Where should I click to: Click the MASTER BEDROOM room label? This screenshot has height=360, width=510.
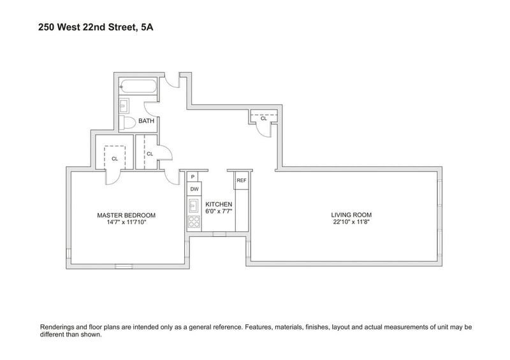click(126, 215)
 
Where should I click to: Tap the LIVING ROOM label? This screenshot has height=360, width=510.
click(351, 215)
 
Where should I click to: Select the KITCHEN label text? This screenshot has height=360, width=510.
click(219, 205)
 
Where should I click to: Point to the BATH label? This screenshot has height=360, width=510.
click(147, 121)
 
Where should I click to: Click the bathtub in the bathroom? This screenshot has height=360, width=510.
click(138, 87)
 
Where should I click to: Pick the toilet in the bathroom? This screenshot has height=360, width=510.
click(127, 122)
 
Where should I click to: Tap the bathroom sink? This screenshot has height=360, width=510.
click(124, 106)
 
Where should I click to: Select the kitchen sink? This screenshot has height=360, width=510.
click(194, 206)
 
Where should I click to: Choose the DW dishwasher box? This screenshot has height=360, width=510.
click(194, 189)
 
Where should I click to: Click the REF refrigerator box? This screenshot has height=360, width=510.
click(242, 180)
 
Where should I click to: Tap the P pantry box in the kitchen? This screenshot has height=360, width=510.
click(193, 176)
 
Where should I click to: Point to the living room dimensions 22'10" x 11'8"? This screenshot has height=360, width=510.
click(351, 222)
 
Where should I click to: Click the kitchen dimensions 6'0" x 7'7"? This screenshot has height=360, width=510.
click(219, 211)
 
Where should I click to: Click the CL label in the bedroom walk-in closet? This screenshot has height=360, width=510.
click(115, 159)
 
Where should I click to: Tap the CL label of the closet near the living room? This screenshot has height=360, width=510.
click(264, 119)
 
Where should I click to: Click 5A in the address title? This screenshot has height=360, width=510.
click(147, 27)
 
